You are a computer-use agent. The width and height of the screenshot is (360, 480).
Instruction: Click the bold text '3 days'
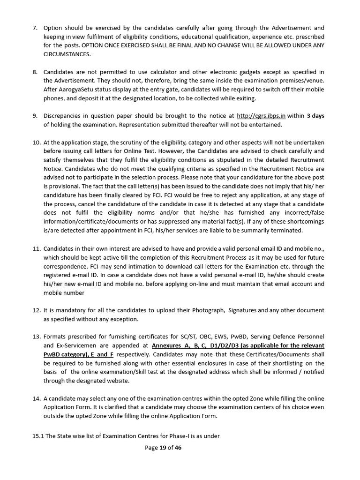(315, 116)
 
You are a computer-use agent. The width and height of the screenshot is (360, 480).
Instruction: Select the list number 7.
(35, 28)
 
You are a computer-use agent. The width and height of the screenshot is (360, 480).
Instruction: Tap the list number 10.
(37, 142)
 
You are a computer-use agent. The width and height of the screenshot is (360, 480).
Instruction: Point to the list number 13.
(37, 337)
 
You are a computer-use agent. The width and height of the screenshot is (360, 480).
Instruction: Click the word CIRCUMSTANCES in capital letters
(67, 53)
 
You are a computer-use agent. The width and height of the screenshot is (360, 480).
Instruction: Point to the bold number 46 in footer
(178, 448)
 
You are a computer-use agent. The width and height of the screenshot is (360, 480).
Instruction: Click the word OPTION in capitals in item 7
(93, 45)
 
